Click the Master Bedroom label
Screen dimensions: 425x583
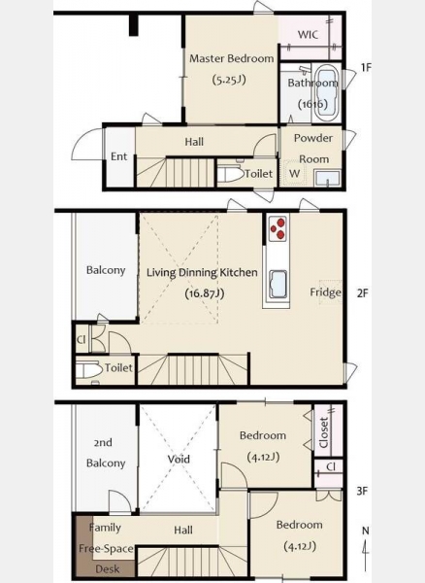pyautogui.click(x=232, y=58)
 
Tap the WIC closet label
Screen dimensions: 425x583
pyautogui.click(x=308, y=35)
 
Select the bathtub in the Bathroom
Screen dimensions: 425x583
pyautogui.click(x=325, y=92)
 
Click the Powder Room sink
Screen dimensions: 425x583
pyautogui.click(x=327, y=179)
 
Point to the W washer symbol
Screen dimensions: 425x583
pyautogui.click(x=294, y=174)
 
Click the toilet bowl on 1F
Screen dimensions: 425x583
pyautogui.click(x=230, y=174)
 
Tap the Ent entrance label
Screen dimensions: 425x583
pyautogui.click(x=118, y=156)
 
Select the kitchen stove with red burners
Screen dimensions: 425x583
pyautogui.click(x=278, y=228)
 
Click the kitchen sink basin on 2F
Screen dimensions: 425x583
pyautogui.click(x=278, y=284)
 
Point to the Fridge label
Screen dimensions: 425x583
pyautogui.click(x=325, y=292)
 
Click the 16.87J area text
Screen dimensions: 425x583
pyautogui.click(x=205, y=293)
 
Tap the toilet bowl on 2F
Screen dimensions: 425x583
pyautogui.click(x=88, y=370)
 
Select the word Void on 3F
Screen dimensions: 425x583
pyautogui.click(x=179, y=460)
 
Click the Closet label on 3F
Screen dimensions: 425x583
pyautogui.click(x=323, y=432)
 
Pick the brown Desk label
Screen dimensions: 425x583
pyautogui.click(x=108, y=568)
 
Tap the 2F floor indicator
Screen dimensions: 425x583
pyautogui.click(x=362, y=293)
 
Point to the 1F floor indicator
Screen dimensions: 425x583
pyautogui.click(x=366, y=67)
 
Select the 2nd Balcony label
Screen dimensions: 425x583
pyautogui.click(x=106, y=453)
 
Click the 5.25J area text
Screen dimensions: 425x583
pyautogui.click(x=229, y=80)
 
